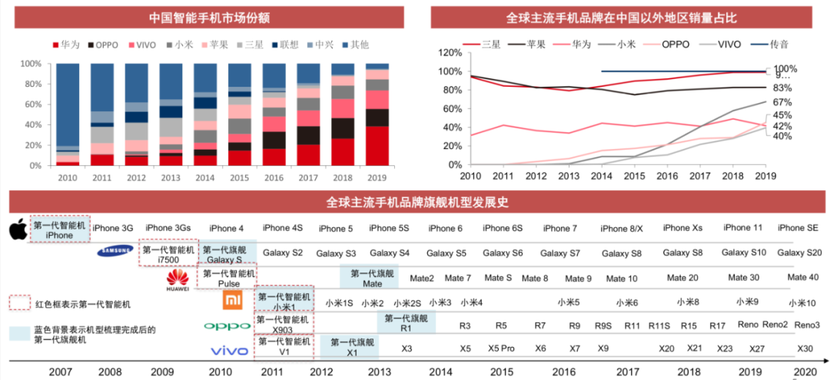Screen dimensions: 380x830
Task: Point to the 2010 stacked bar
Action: pos(68,114)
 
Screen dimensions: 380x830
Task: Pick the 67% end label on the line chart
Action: pos(782,102)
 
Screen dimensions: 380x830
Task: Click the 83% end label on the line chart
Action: pos(782,88)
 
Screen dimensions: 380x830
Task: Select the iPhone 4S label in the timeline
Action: pos(281,228)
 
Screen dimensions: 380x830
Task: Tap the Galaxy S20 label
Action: pos(799,253)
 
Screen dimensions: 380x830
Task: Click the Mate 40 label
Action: pos(802,277)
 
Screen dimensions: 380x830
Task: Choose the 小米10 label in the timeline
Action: pos(801,303)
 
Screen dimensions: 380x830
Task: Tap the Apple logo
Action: pos(17,229)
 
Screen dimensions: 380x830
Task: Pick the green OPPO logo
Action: pos(227,326)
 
